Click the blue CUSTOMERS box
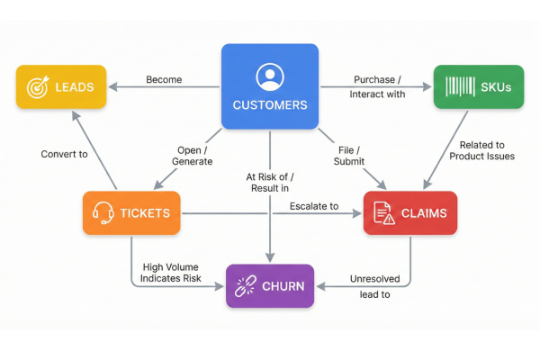click(270, 87)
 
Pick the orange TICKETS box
click(129, 213)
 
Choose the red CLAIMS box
click(409, 213)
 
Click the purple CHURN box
click(269, 287)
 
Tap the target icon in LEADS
click(37, 87)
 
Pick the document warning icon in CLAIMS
click(382, 213)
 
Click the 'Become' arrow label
click(164, 80)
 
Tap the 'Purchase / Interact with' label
click(379, 86)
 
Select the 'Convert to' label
click(64, 154)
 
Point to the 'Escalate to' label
click(314, 207)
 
